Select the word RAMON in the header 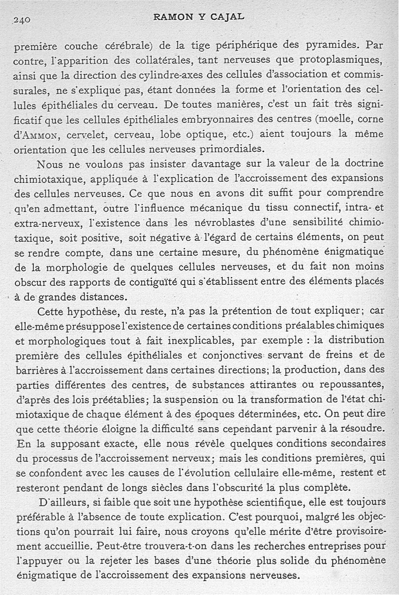172,16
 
